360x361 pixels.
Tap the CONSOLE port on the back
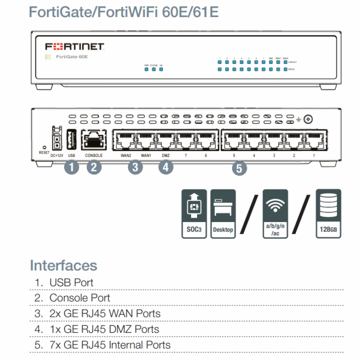click(x=93, y=140)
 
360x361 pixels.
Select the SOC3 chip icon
click(x=193, y=214)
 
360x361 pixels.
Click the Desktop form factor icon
click(x=224, y=214)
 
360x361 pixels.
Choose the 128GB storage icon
click(x=328, y=214)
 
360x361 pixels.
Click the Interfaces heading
click(x=63, y=265)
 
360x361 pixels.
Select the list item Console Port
click(x=80, y=298)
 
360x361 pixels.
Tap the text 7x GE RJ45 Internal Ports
click(x=110, y=345)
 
